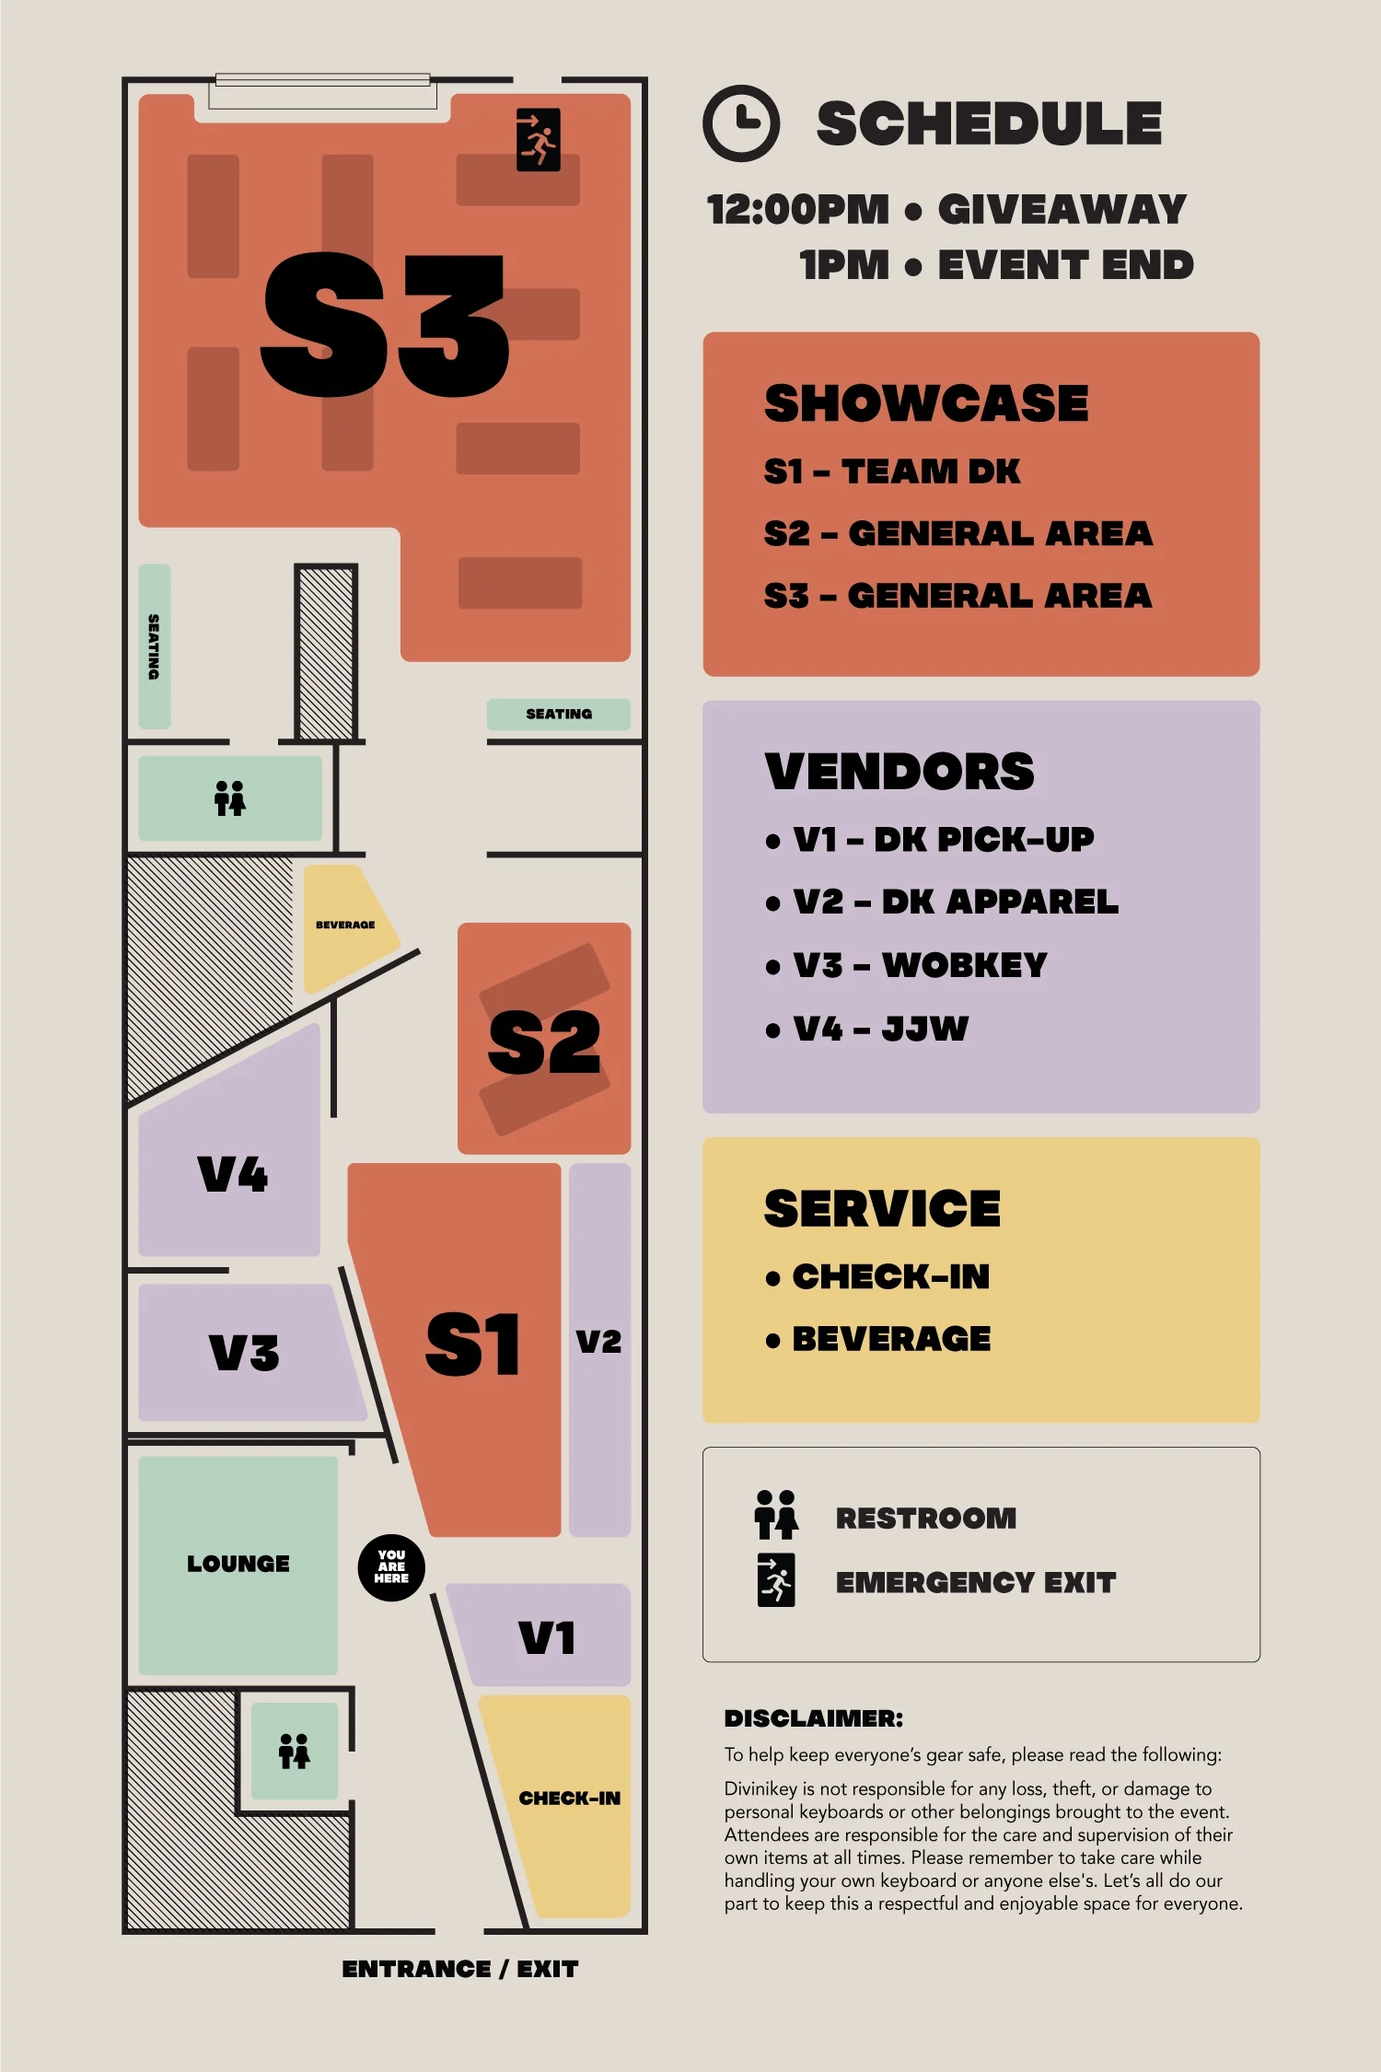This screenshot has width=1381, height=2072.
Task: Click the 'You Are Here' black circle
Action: (x=391, y=1566)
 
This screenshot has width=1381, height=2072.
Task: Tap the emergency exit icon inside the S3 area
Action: (x=539, y=140)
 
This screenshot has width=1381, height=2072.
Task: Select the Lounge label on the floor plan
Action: (x=238, y=1564)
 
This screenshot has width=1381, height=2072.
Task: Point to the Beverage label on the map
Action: (x=345, y=925)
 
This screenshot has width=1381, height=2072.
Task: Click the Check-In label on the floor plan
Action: (x=570, y=1798)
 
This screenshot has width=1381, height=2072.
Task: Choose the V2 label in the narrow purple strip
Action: (x=599, y=1342)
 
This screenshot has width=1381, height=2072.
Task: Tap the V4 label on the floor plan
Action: (x=233, y=1175)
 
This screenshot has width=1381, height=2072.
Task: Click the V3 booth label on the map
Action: (x=244, y=1353)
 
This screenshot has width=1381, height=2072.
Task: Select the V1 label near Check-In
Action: (x=547, y=1637)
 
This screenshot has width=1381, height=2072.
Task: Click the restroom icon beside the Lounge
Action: (x=295, y=1751)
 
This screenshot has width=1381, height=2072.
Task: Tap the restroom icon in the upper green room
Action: (x=230, y=798)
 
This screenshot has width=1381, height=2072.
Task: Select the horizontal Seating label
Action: (x=559, y=714)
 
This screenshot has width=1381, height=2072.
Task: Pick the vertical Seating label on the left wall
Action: (x=154, y=646)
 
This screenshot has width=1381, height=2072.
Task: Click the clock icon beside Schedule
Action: (x=741, y=122)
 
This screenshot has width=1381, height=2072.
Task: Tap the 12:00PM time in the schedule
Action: (x=798, y=209)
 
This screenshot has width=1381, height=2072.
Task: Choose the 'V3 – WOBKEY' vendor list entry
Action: (x=919, y=965)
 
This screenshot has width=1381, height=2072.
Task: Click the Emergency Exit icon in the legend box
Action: (x=776, y=1580)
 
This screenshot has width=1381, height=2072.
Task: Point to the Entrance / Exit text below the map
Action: (x=460, y=1969)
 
